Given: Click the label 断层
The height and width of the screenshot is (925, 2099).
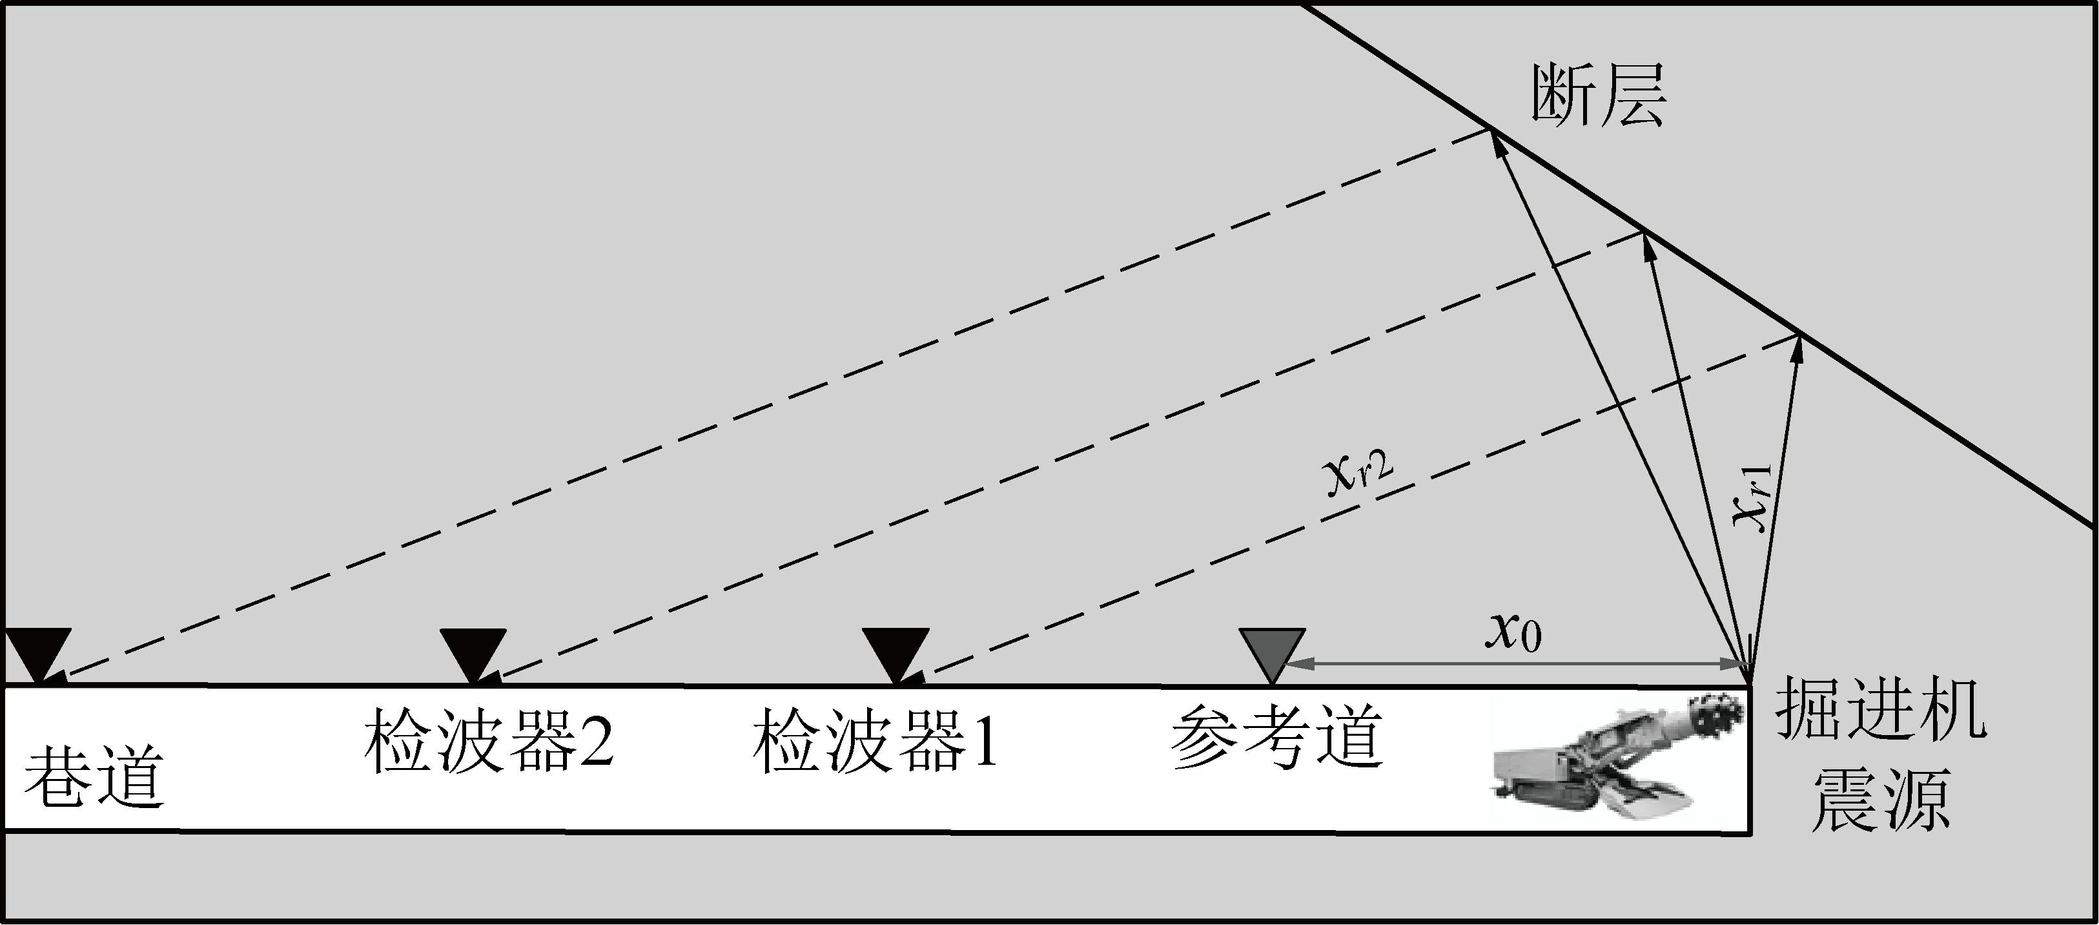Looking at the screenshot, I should [x=1599, y=96].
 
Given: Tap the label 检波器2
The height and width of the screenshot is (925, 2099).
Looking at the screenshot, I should [x=488, y=742].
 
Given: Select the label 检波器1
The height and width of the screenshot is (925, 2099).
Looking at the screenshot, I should [x=876, y=742].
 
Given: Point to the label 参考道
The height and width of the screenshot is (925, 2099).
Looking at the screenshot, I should [x=1278, y=738].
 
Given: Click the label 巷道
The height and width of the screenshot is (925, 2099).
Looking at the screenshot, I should [x=94, y=779].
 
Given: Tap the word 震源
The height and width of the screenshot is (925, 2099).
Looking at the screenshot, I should [x=1880, y=800].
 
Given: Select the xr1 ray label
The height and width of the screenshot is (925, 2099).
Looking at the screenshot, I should [x=1752, y=497].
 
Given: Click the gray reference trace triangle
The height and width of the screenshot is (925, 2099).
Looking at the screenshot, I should [x=1272, y=651].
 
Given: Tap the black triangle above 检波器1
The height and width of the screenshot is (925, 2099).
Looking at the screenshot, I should [x=896, y=651].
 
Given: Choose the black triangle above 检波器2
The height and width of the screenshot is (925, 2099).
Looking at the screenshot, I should [x=473, y=651].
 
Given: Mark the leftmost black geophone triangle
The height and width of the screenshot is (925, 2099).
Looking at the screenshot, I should [x=37, y=651].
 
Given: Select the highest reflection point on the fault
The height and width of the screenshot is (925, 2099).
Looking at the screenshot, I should [x=1490, y=130].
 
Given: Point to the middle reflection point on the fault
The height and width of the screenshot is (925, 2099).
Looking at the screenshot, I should [x=1644, y=234].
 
